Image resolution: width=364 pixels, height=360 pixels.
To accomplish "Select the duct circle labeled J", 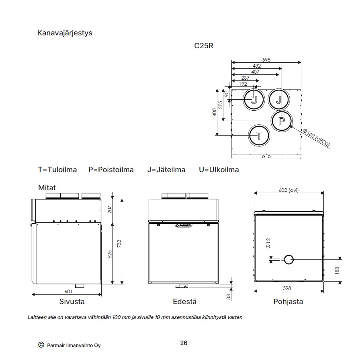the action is click(269, 99).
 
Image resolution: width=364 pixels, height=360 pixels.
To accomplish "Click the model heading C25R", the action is click(204, 46).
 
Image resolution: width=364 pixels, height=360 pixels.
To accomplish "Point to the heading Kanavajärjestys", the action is click(65, 33).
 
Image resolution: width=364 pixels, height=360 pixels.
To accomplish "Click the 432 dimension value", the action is click(257, 66).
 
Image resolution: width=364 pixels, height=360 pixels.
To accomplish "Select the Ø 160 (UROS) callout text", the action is click(316, 138).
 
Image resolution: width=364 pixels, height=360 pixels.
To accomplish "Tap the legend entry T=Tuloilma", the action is click(57, 170).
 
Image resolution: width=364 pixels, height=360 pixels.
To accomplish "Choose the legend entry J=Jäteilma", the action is click(166, 170).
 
